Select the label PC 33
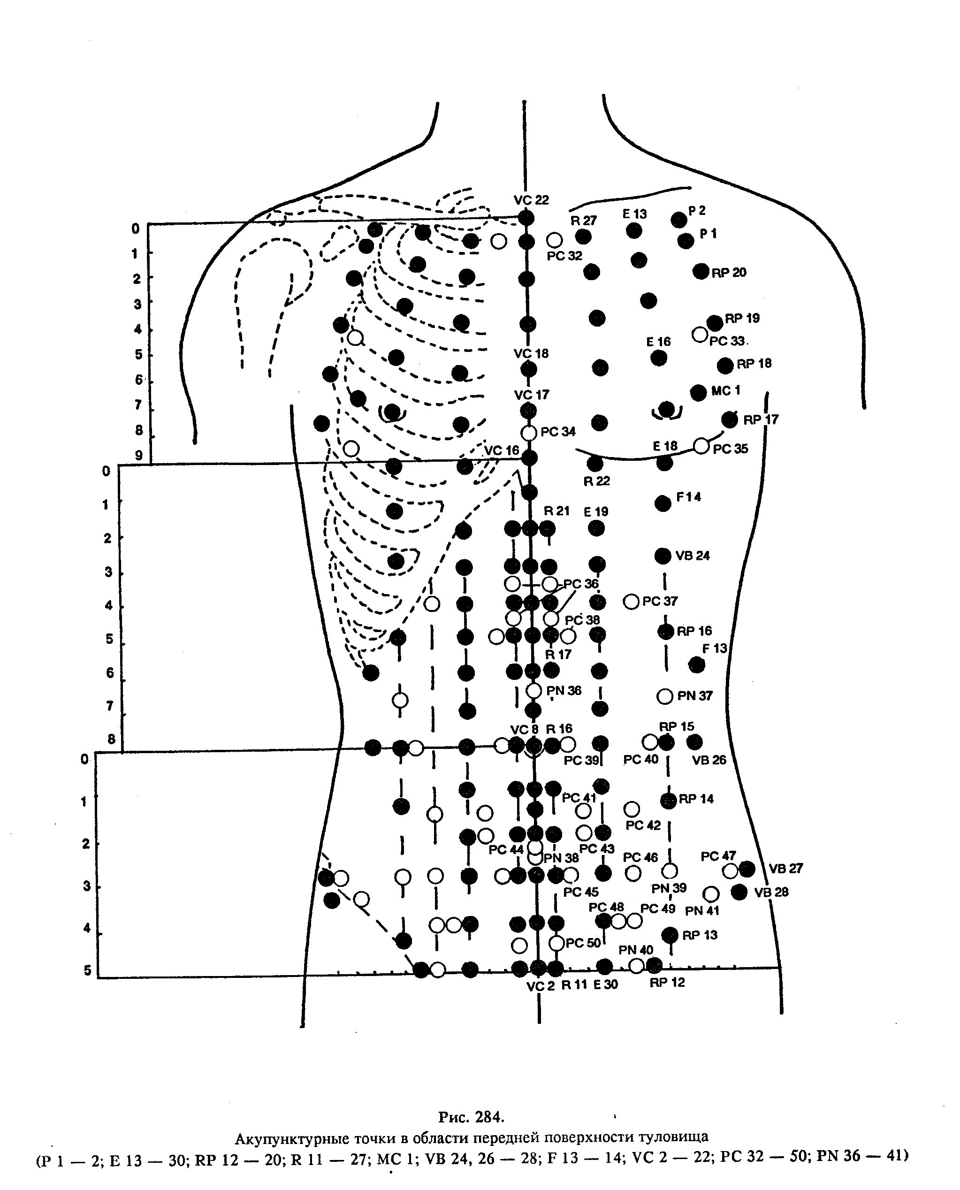[727, 341]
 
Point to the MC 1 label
[725, 390]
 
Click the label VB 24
[693, 556]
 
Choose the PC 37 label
[660, 601]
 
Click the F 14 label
[688, 497]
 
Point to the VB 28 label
[771, 892]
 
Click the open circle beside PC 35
[701, 445]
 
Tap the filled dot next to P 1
[686, 241]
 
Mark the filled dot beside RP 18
[725, 365]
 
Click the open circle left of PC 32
[555, 240]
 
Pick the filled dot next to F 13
[697, 665]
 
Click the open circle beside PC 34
[529, 433]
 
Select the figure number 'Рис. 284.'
[471, 1117]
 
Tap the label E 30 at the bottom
[606, 985]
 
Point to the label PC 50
[583, 943]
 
